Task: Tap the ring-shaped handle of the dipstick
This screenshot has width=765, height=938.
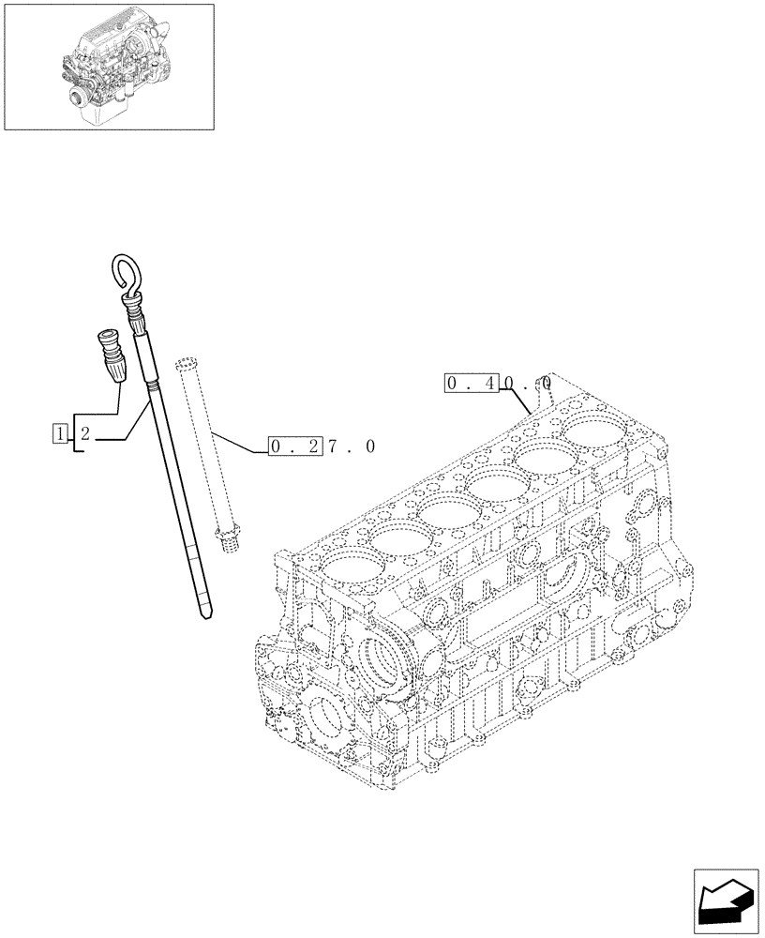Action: coord(126,270)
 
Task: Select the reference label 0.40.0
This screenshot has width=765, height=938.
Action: coord(498,383)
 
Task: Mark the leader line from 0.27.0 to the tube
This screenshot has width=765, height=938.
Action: coord(239,443)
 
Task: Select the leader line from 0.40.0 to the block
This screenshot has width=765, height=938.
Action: coord(521,401)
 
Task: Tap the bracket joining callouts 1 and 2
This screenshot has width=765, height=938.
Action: coord(75,432)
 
